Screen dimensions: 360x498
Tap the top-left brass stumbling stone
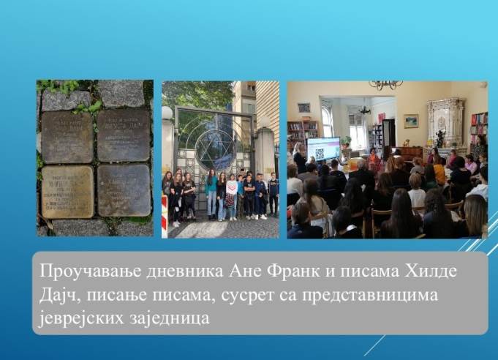[x=67, y=136]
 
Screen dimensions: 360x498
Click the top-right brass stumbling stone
[x=124, y=135]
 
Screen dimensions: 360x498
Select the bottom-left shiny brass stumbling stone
[x=67, y=191]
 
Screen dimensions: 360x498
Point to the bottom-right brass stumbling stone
[x=124, y=190]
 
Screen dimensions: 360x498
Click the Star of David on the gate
[x=215, y=149]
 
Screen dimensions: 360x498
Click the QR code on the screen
[x=320, y=154]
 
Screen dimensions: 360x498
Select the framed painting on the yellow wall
[x=412, y=120]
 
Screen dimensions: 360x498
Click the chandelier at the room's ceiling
[x=385, y=85]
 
